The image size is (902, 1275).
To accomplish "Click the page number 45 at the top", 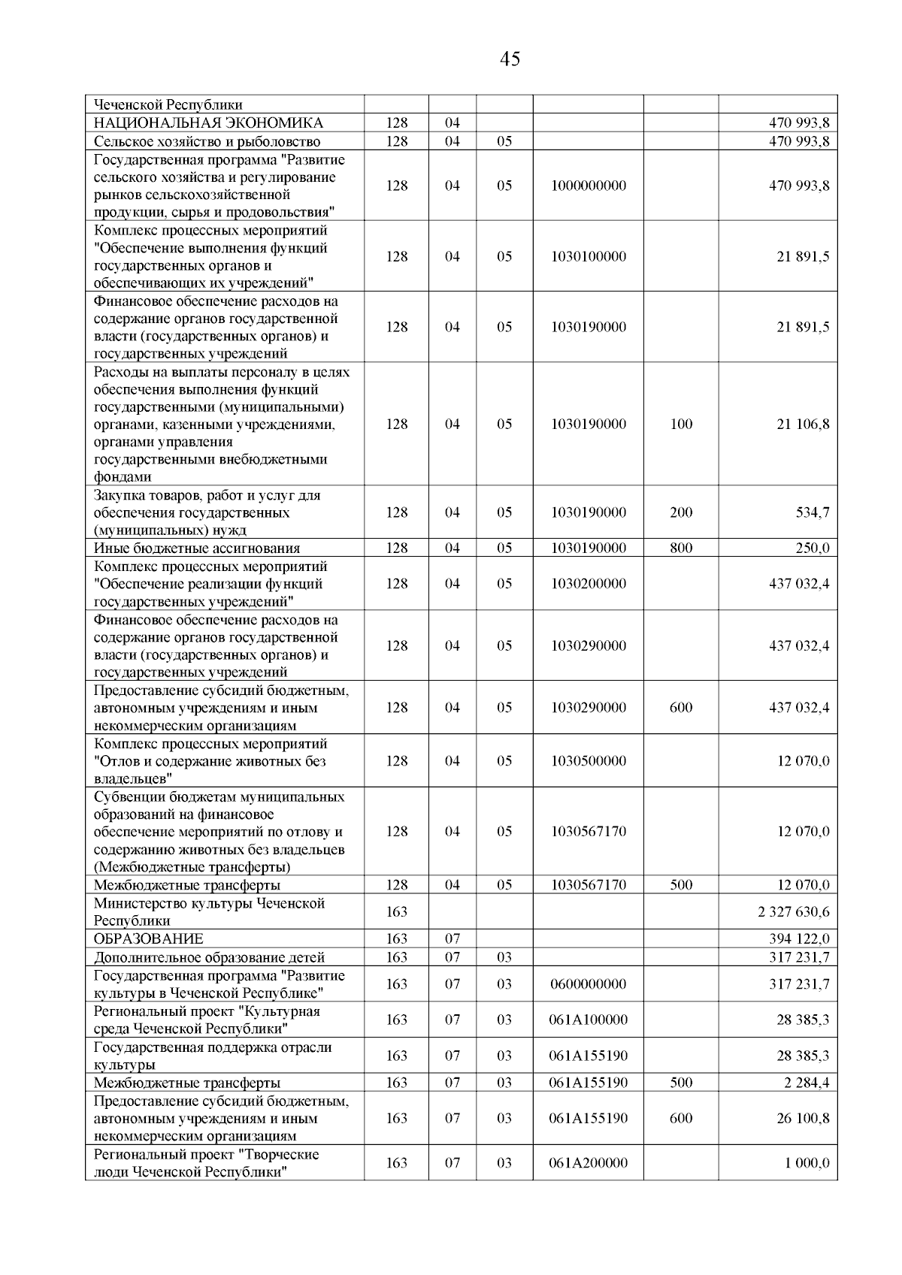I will coord(509,59).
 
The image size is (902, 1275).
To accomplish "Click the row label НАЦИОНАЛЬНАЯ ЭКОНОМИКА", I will coord(208,123).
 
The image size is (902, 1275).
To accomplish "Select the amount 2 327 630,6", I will coord(794,912).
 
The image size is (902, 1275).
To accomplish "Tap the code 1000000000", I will coord(588,186).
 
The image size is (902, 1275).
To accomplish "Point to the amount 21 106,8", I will coord(803,424).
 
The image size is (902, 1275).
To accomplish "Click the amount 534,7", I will coord(813,512).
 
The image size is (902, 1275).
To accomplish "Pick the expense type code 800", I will coord(680,548).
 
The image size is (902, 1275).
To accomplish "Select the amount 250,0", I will coord(813,548).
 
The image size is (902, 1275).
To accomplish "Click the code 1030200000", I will coord(588,584).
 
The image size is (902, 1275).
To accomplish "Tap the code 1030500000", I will coord(588,761).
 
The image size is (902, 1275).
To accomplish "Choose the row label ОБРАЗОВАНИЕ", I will coord(148,939).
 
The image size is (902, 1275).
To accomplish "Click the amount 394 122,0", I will coord(799,939).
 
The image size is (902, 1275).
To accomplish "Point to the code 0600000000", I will coord(588,984).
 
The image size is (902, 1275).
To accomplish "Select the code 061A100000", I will coord(588,1020).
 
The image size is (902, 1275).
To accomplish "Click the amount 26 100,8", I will coord(803,1119).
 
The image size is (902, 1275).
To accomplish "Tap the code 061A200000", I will coord(588,1163).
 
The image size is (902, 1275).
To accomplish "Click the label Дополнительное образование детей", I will coord(209,957).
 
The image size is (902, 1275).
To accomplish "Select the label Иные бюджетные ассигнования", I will coord(196,548).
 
